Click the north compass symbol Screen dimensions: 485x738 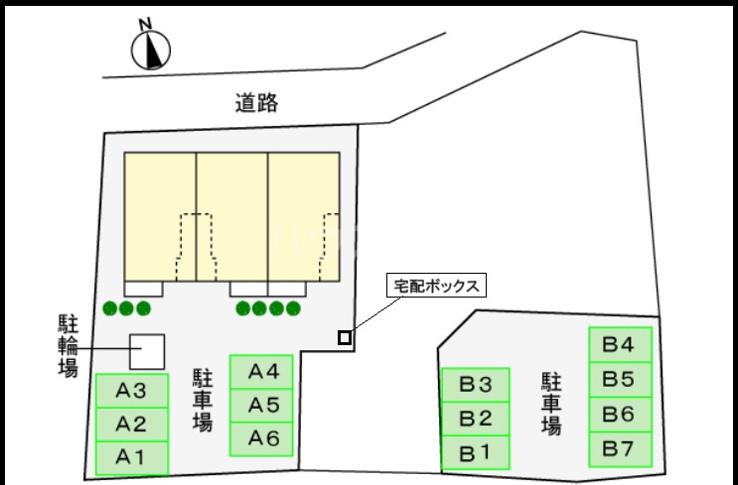coord(151,49)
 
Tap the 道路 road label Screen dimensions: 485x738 coord(256,101)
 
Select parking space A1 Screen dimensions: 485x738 coord(131,457)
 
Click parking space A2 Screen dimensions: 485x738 coord(131,424)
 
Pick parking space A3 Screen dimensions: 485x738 coord(131,391)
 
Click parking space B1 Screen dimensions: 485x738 coord(476,452)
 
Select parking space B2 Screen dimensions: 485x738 coord(476,419)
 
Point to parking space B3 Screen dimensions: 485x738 coord(476,385)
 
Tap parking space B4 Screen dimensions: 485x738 coord(619,345)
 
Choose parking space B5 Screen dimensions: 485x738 coord(619,379)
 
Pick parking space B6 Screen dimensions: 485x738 coord(619,414)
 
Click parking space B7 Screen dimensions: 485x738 coord(619,448)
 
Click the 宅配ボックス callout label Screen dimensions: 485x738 coord(436,286)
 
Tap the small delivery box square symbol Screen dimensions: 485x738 coord(345,338)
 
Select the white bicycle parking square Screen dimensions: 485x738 coord(147,351)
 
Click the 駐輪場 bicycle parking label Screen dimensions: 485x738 coord(68,347)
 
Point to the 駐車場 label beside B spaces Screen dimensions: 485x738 coord(551,404)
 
